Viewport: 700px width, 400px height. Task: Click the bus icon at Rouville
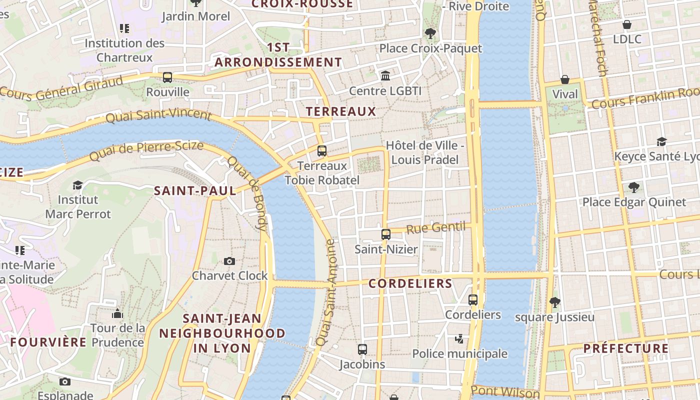[167, 77]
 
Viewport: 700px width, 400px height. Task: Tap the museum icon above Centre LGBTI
[385, 75]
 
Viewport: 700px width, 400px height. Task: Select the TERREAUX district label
[340, 111]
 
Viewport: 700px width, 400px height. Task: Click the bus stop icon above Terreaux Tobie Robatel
[322, 150]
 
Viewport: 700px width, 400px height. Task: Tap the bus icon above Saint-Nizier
[385, 234]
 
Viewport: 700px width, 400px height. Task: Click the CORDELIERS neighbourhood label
[410, 283]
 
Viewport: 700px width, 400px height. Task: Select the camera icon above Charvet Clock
[229, 261]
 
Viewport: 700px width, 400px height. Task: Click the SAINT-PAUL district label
[195, 190]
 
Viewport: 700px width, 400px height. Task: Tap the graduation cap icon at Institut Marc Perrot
[77, 185]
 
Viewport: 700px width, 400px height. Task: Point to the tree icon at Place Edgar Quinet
[634, 187]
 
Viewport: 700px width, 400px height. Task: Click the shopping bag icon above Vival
[565, 79]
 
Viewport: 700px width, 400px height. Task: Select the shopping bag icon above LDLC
[627, 24]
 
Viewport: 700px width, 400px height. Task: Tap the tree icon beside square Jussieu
[554, 302]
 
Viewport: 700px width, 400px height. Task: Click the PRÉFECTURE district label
[626, 348]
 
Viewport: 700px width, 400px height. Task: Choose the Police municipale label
[459, 354]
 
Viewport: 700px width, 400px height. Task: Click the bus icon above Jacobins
[362, 349]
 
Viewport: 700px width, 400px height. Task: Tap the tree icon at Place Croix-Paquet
[430, 33]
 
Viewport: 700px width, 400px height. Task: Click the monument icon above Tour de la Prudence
[117, 314]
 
